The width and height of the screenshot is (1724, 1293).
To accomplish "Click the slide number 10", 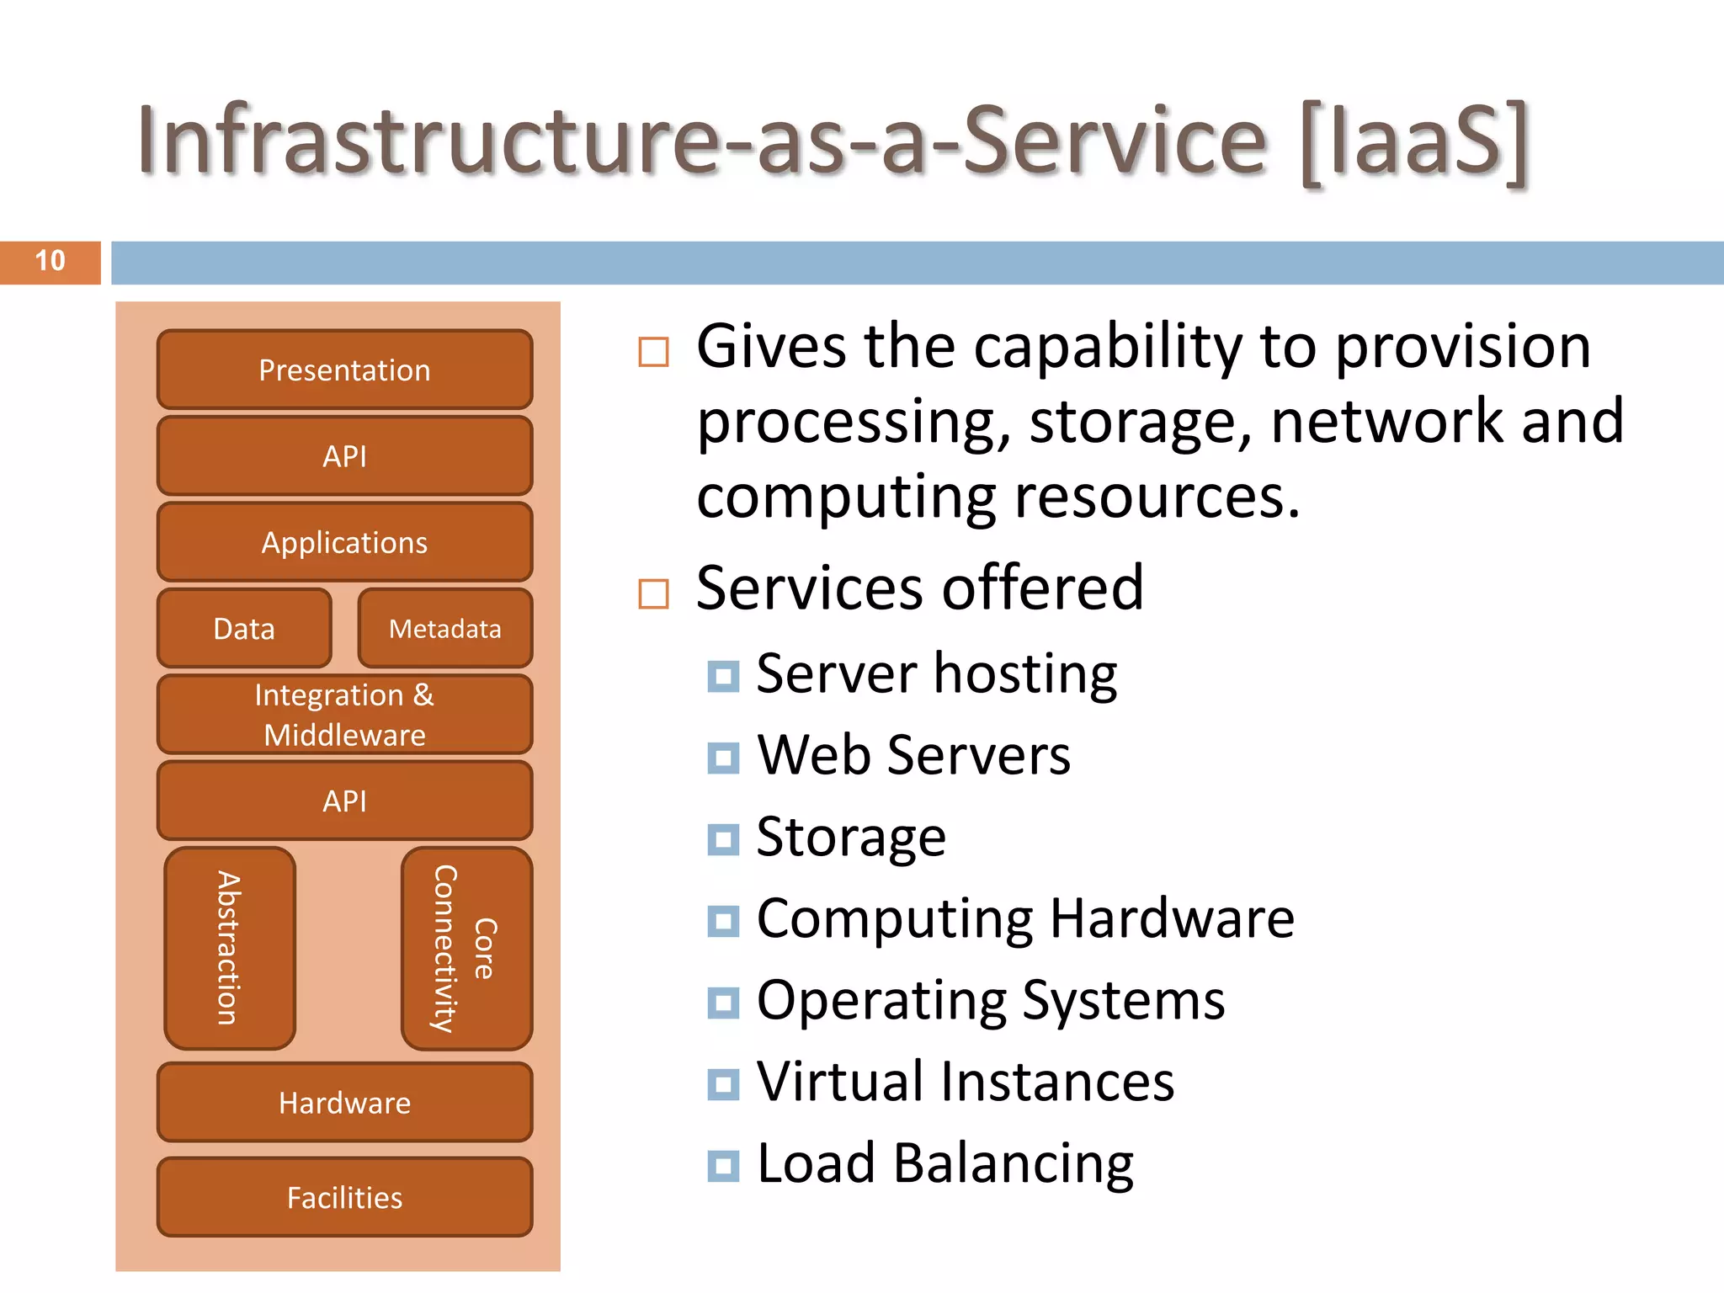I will coord(50,261).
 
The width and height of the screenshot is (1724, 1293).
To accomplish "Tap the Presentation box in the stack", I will coord(344,370).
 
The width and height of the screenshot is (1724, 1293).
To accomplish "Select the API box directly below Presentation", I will coord(344,456).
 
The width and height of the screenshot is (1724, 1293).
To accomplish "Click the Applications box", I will coord(344,543).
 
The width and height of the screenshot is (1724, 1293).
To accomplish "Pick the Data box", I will coord(244,629).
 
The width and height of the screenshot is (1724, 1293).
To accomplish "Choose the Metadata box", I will coord(444,629).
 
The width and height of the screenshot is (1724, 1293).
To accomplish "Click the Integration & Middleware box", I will coord(344,715).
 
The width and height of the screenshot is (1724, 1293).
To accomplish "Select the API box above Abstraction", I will coord(344,801).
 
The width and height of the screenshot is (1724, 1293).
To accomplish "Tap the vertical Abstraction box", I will coord(230,948).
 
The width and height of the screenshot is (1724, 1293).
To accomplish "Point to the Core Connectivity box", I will coord(466,948).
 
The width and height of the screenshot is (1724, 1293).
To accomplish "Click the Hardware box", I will coord(344,1103).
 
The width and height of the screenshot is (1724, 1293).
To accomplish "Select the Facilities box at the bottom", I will coord(344,1197).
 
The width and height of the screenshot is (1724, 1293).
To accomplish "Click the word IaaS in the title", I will coord(1414,141).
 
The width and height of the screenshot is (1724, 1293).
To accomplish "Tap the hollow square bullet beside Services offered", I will coord(653,593).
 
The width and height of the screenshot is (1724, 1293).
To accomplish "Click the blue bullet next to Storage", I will coord(723,839).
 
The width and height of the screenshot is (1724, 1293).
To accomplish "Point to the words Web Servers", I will coord(913,755).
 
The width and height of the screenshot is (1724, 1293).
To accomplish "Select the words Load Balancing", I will coord(944,1163).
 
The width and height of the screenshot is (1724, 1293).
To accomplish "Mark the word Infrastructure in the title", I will coord(429,141).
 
